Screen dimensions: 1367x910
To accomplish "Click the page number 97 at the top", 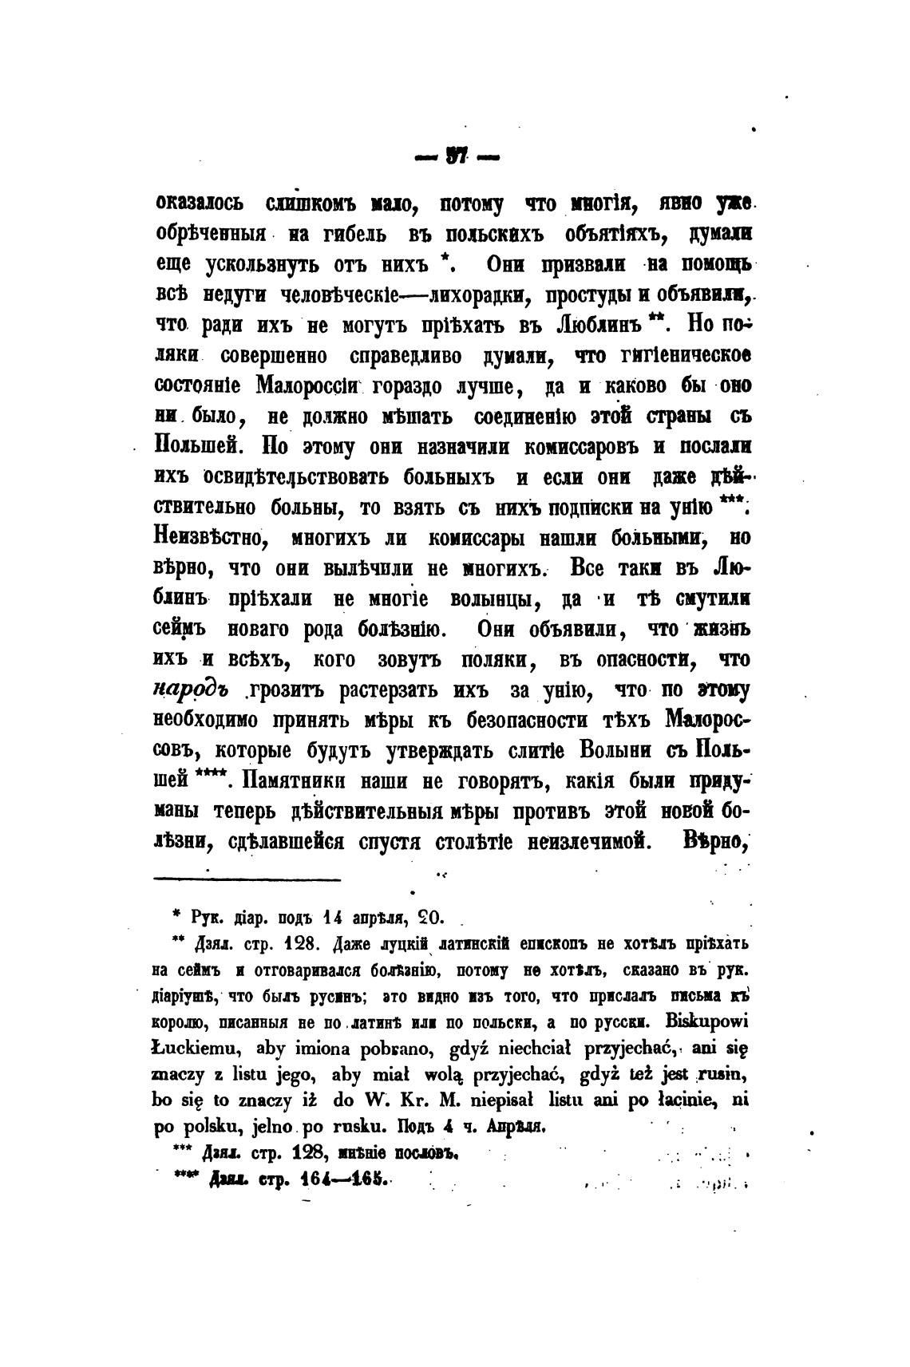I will [456, 159].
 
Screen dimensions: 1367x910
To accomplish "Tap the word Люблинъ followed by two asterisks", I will [598, 326].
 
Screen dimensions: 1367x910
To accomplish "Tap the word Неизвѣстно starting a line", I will [209, 538].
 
